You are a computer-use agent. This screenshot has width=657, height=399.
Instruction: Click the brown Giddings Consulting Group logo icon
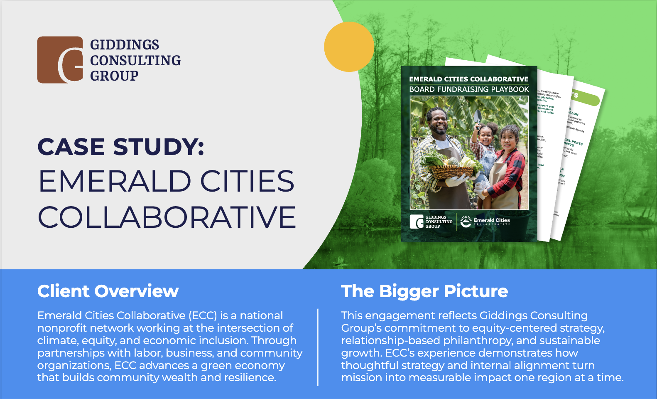60,59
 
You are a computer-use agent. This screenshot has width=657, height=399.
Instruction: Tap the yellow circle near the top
349,47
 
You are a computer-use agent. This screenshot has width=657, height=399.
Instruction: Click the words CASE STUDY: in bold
121,147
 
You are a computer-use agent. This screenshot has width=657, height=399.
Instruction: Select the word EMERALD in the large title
115,181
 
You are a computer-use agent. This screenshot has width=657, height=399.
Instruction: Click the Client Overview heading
108,291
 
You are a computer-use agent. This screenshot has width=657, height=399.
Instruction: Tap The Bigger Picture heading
424,291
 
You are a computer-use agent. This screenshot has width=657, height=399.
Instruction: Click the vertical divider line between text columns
318,347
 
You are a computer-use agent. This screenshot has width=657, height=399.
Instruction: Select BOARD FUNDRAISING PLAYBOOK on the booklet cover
469,89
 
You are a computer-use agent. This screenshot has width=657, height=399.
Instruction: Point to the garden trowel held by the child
478,118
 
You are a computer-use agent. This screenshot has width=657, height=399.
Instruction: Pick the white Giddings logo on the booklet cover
417,222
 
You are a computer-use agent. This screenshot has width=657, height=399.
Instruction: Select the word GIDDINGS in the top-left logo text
125,45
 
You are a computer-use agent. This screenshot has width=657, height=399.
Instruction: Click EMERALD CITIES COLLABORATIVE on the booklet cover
469,79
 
